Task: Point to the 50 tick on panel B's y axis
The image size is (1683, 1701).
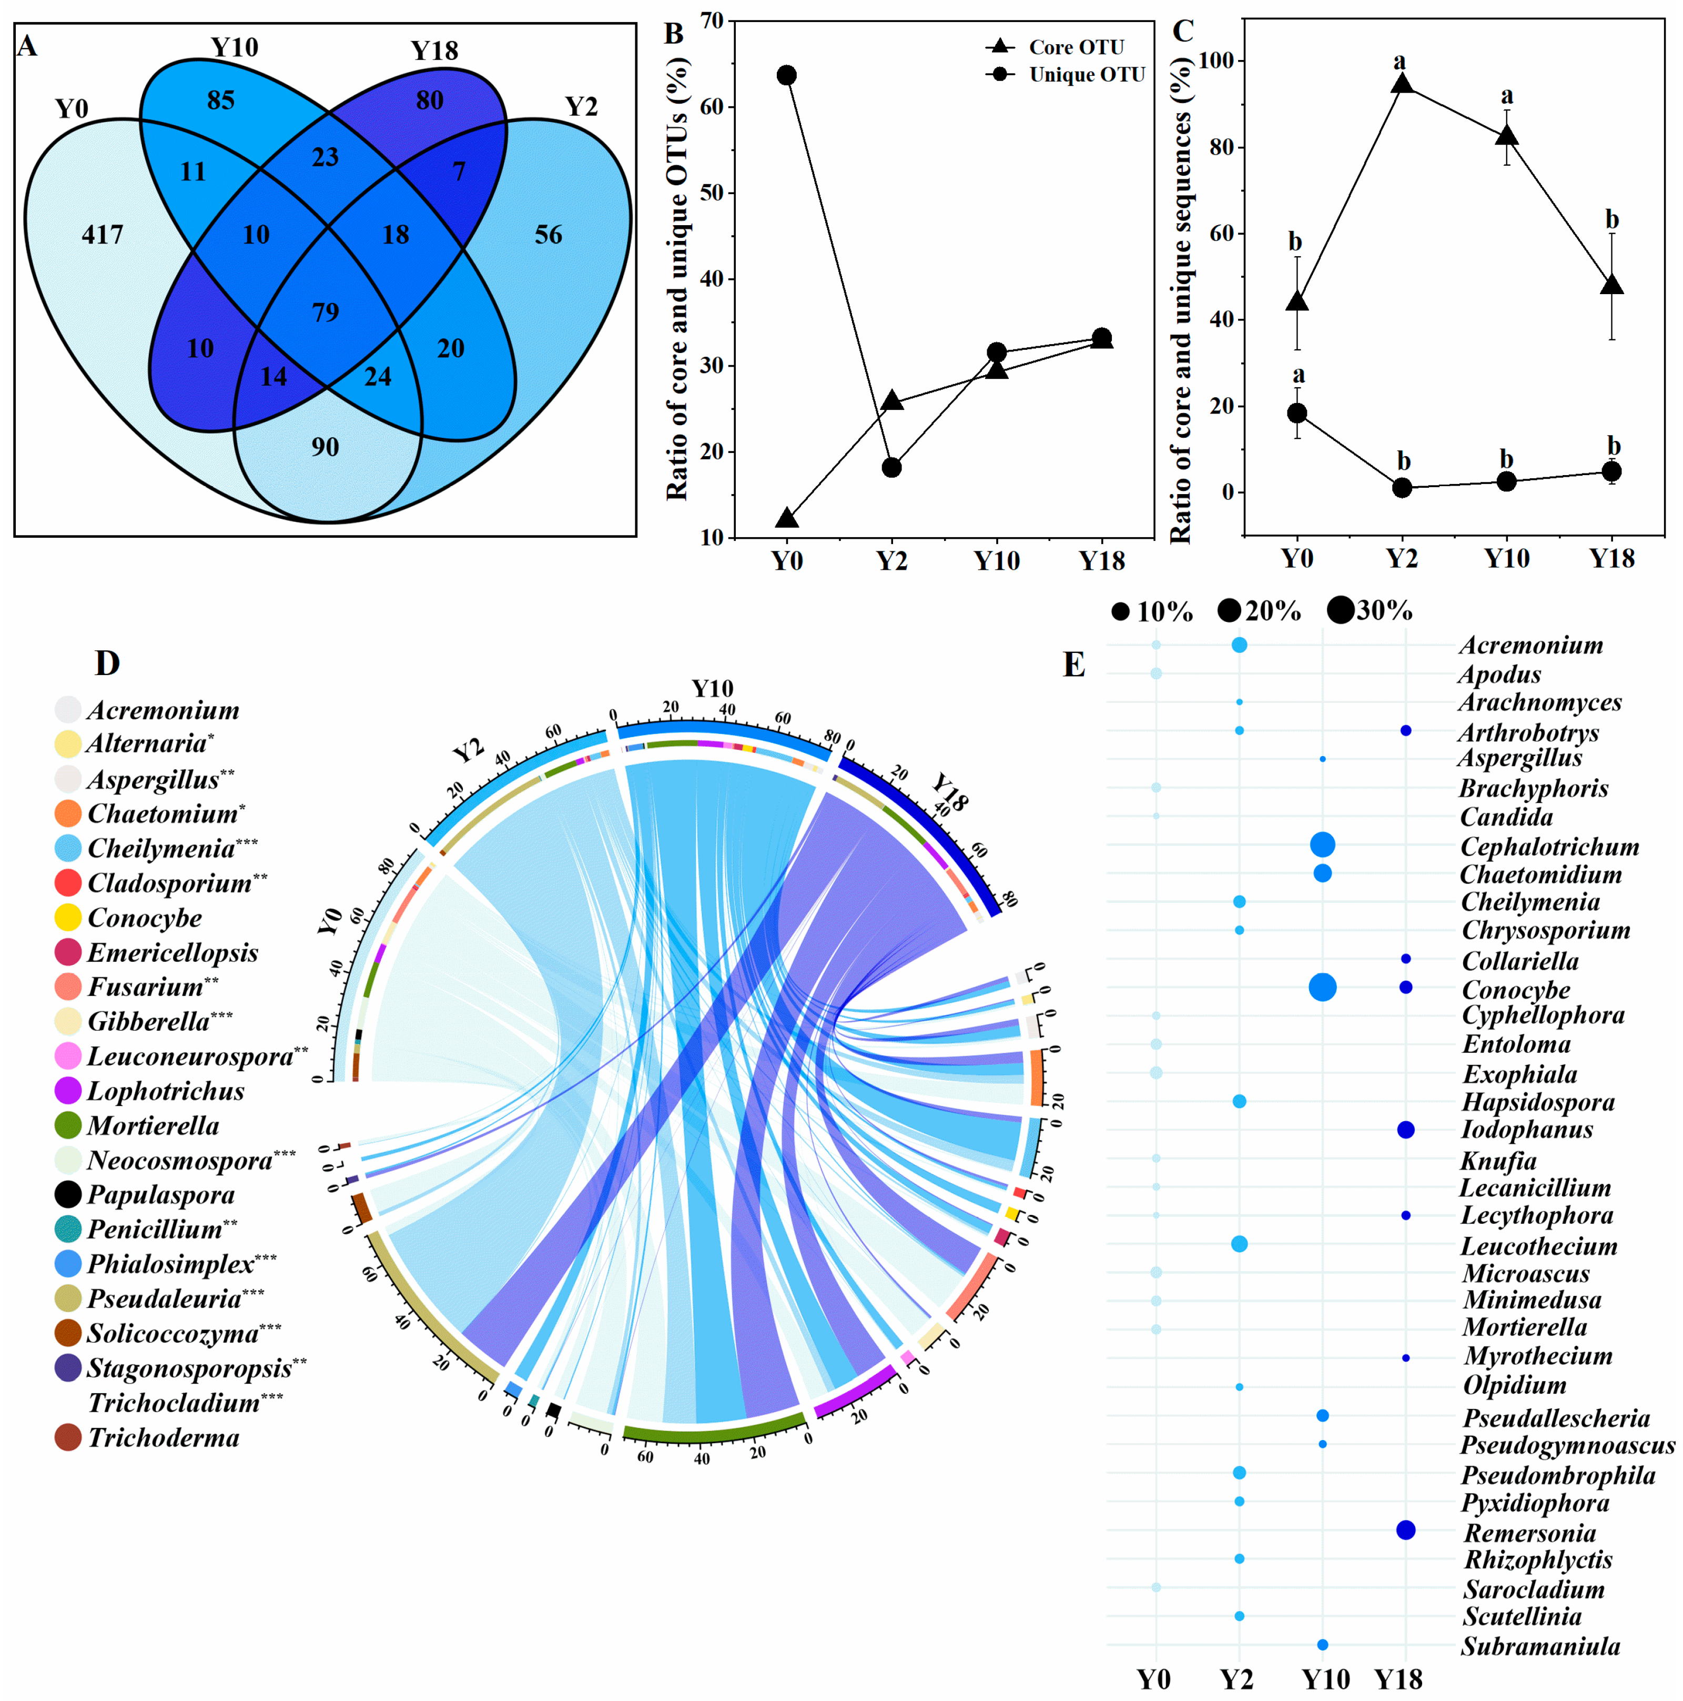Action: click(711, 193)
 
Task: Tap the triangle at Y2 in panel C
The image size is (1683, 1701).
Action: click(1401, 84)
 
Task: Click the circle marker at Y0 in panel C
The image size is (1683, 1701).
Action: click(1296, 413)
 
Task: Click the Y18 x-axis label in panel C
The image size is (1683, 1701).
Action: click(1611, 558)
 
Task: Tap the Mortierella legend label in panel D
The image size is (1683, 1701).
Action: click(153, 1125)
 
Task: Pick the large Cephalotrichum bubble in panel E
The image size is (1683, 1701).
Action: click(1322, 845)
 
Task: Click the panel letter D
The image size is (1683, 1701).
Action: click(107, 663)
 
